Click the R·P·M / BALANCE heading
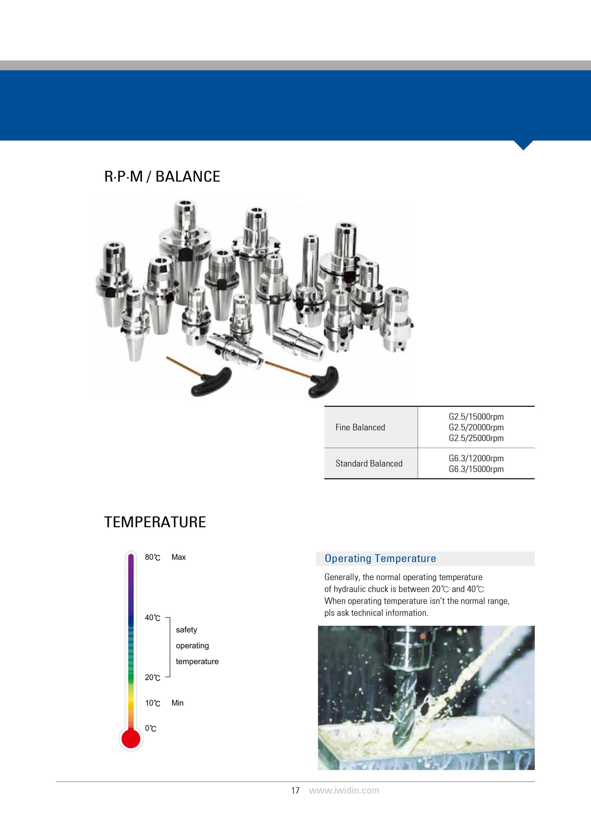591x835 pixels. point(162,177)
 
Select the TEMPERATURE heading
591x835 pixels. point(155,522)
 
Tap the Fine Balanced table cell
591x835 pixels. point(360,427)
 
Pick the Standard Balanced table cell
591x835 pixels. point(369,463)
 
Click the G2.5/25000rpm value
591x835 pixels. point(476,438)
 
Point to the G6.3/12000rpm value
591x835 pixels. point(476,458)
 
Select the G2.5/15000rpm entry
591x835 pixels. point(476,417)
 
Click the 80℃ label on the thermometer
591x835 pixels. point(152,558)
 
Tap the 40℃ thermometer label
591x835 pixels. point(152,618)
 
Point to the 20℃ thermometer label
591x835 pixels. point(152,678)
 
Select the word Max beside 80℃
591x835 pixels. point(178,557)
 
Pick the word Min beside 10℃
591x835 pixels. point(177,703)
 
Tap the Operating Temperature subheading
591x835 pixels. point(380,558)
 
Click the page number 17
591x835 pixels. point(295,790)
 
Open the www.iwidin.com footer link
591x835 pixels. point(344,790)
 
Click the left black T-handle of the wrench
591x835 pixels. point(210,382)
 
